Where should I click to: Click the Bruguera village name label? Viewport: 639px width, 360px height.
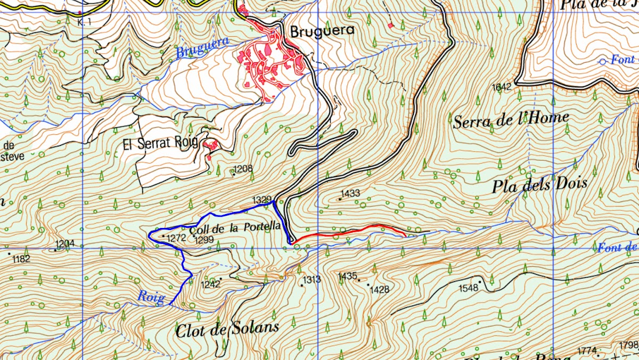(x=322, y=31)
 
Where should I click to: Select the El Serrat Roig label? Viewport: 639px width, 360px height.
(x=160, y=143)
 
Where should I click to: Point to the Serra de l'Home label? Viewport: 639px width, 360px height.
(x=511, y=120)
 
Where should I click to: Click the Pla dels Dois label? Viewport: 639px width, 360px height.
(x=539, y=185)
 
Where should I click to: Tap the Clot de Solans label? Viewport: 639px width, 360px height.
(x=227, y=328)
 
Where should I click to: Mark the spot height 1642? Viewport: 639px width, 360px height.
(x=502, y=87)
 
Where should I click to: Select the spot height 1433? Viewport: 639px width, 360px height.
(x=351, y=193)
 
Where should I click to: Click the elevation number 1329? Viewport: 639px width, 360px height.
(x=262, y=200)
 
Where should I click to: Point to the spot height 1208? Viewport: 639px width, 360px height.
(x=243, y=169)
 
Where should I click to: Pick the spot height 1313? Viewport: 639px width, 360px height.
(x=312, y=280)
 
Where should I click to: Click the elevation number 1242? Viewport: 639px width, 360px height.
(x=211, y=284)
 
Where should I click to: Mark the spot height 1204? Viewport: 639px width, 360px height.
(x=64, y=244)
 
